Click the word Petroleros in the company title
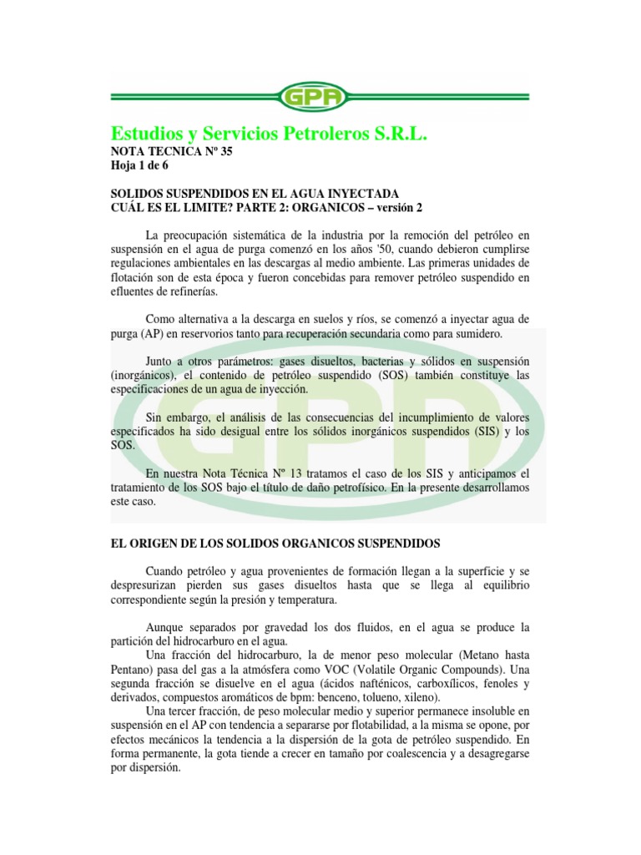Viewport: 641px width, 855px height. pos(328,134)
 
